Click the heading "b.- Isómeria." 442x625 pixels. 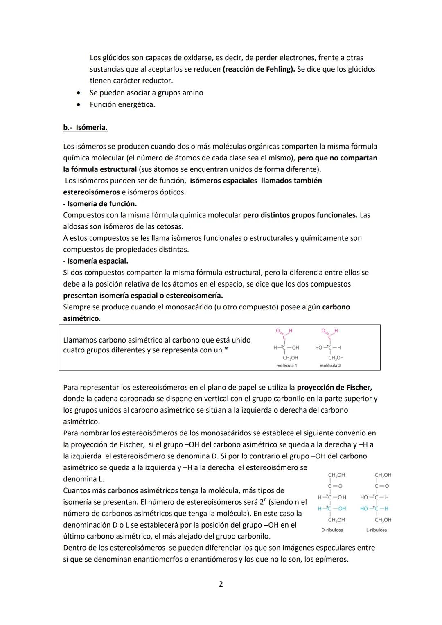coord(85,127)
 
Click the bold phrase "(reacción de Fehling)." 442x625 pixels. coord(259,69)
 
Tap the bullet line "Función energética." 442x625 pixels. coord(122,104)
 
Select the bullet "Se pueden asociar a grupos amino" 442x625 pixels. coord(146,93)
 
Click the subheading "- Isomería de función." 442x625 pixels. coord(100,203)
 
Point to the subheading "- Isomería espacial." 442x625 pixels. coord(95,261)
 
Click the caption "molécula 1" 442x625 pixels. coord(286,366)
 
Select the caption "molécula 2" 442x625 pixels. coord(330,366)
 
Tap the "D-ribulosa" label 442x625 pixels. coord(332,530)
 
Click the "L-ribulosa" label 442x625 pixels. coord(376,530)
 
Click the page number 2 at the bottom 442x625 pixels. coord(221,584)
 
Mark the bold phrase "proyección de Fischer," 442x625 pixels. coord(334,387)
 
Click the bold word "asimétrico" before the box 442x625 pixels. coord(81,318)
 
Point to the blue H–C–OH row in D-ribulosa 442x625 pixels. coord(332,508)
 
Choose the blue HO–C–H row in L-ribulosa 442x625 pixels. coord(374,508)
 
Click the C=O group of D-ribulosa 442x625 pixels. coord(336,486)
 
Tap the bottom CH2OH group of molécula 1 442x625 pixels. coord(290,358)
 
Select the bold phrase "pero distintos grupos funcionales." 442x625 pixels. coord(300,215)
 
